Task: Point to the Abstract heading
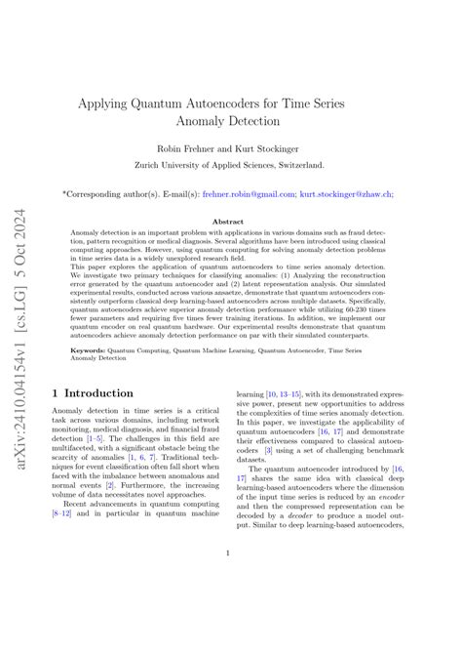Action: [x=230, y=223]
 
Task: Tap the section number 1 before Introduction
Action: [x=57, y=393]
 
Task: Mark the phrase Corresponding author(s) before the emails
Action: [x=122, y=194]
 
